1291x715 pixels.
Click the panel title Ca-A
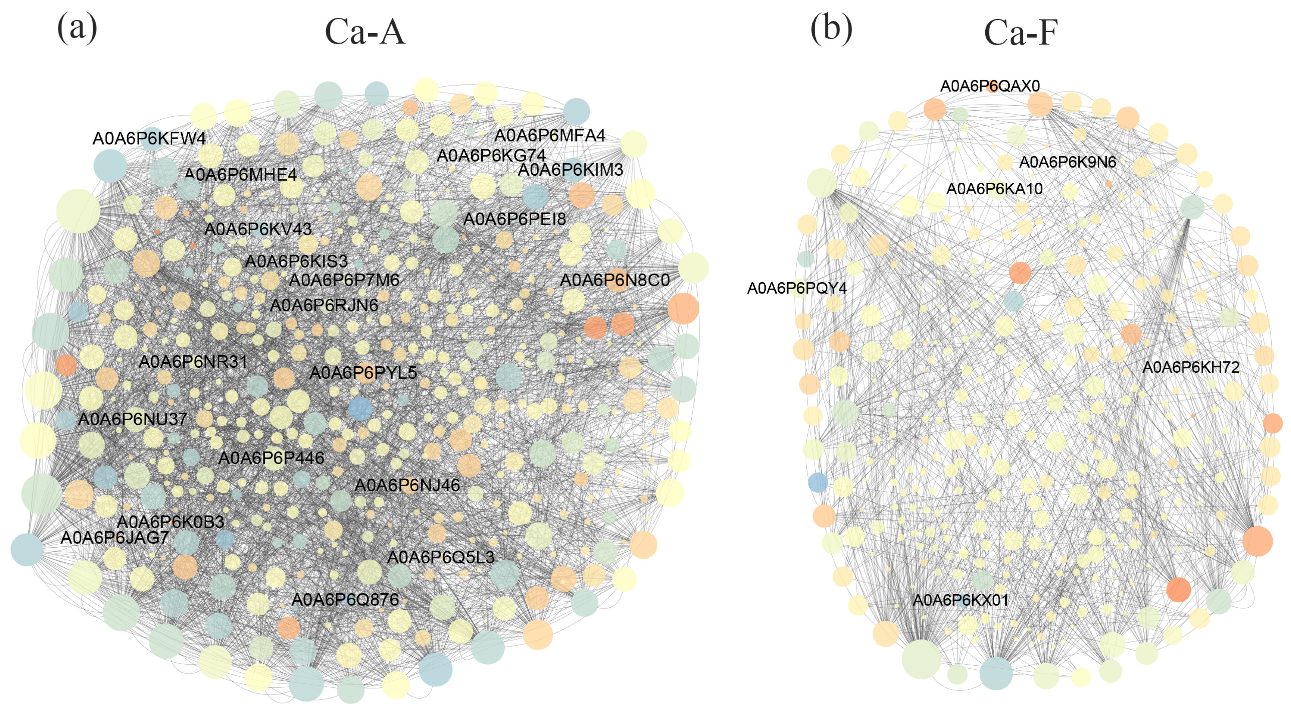pos(364,32)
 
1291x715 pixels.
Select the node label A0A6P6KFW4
pos(149,138)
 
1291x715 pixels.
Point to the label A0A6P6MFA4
pos(550,135)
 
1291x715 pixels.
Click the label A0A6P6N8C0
pos(614,280)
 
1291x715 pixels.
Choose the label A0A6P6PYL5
pos(363,373)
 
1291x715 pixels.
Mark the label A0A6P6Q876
pos(345,599)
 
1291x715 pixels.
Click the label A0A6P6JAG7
pos(115,537)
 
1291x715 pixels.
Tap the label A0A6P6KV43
pos(258,229)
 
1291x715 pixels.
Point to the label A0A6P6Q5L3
pos(441,557)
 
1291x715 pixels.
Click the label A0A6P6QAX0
pos(990,86)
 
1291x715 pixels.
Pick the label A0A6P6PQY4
pos(797,288)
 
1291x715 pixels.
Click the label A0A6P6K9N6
pos(1068,163)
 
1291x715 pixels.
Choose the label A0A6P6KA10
pos(994,189)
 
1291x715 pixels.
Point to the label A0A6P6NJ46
pos(407,485)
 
